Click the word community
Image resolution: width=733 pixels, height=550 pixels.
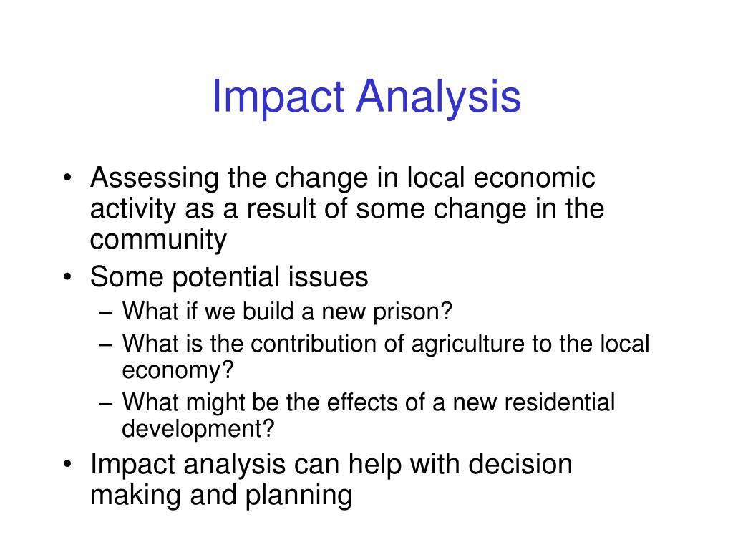[158, 239]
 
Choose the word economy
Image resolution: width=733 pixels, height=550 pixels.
[178, 371]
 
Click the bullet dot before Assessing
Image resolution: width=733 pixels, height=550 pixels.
[67, 178]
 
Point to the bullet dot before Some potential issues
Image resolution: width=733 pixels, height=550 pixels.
[67, 277]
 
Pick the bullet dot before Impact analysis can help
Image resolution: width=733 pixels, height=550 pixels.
[67, 465]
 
